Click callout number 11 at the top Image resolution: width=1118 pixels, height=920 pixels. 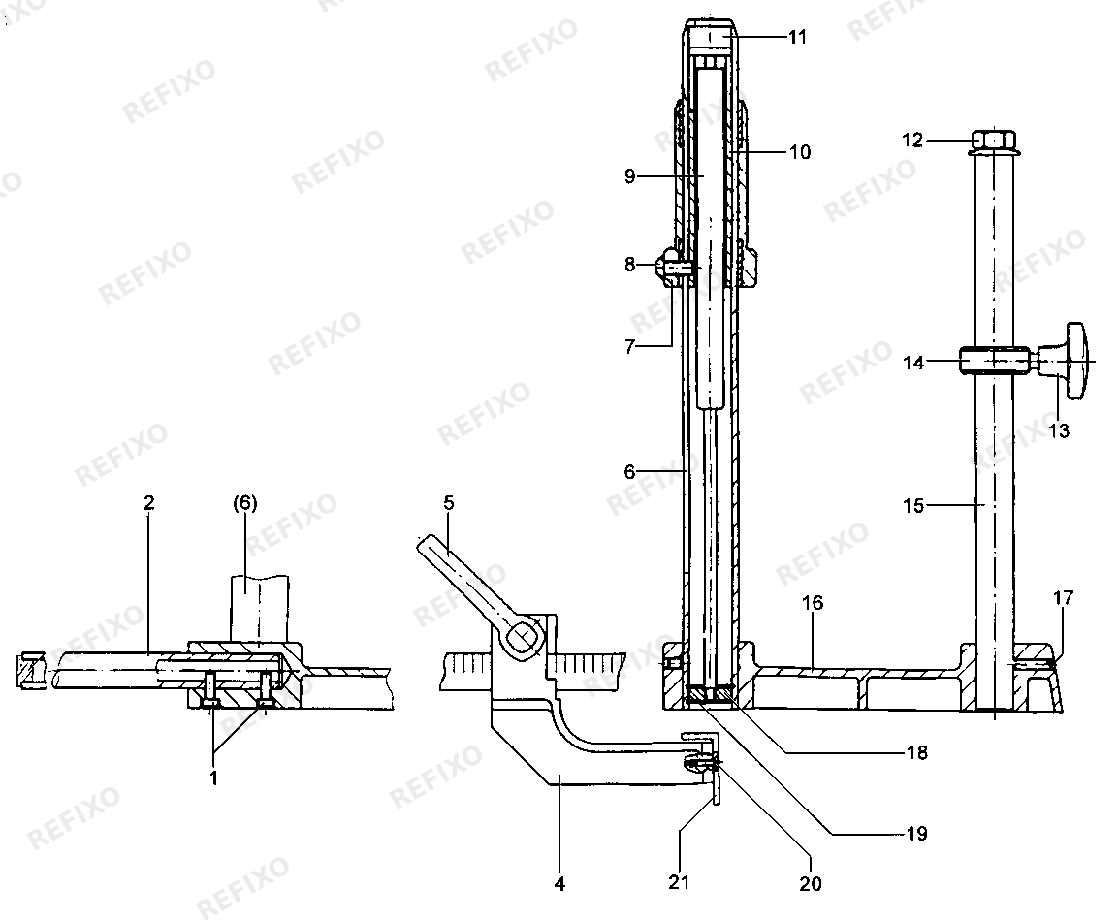797,37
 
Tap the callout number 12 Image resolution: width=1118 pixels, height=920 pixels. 912,140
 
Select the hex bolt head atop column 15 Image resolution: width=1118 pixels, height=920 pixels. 994,142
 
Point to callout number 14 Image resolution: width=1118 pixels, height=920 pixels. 912,363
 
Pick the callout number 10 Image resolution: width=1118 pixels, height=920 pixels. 800,152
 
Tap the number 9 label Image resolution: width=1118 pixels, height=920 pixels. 629,176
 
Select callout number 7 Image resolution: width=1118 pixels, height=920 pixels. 629,347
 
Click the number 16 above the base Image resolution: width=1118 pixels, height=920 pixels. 813,603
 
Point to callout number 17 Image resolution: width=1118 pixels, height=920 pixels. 1063,597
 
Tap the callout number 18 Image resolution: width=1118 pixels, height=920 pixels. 917,752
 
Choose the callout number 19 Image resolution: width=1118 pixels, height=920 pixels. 917,833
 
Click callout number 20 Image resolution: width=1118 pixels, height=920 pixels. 810,884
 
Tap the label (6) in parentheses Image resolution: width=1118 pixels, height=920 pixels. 244,502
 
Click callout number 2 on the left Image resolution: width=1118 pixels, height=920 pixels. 148,502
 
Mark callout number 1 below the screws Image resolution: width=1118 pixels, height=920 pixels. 214,777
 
